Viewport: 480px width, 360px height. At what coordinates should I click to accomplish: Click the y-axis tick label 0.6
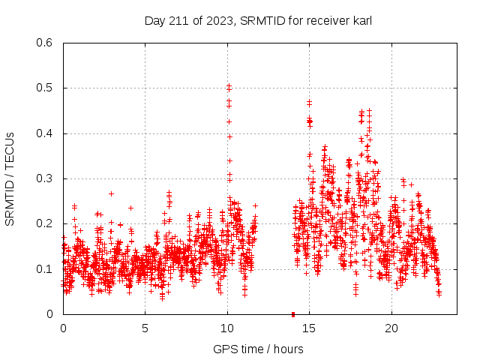(46, 43)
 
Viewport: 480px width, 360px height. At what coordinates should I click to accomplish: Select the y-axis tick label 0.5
(46, 88)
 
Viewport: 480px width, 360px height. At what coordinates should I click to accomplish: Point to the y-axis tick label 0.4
(46, 133)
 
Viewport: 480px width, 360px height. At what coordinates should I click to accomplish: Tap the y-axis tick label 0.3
(46, 178)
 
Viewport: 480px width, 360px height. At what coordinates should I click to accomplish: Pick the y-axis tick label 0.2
(46, 223)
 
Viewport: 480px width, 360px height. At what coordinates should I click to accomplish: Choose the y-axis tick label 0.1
(46, 268)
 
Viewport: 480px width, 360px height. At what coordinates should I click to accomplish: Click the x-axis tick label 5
(145, 328)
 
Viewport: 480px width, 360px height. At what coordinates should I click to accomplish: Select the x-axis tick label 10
(227, 328)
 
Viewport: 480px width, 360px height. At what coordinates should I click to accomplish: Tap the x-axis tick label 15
(310, 328)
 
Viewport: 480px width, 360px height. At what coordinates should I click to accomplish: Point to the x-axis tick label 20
(391, 328)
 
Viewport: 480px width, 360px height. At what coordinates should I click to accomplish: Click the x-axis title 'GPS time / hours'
(258, 349)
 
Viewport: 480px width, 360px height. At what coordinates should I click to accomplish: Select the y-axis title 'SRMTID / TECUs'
(10, 178)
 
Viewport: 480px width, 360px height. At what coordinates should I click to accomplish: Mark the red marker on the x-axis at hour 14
(293, 313)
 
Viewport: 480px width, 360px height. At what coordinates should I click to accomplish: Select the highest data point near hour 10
(229, 86)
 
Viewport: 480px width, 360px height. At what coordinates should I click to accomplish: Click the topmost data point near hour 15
(309, 102)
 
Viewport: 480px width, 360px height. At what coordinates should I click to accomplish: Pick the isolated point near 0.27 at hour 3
(111, 193)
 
